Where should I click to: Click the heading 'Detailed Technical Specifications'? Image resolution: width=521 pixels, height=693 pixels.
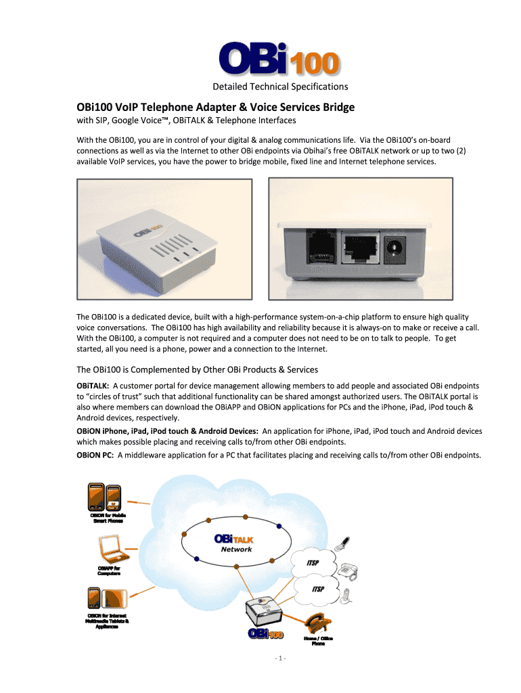280,87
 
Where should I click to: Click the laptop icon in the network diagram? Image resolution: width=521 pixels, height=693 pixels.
109,546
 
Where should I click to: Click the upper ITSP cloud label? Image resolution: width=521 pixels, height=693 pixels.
313,564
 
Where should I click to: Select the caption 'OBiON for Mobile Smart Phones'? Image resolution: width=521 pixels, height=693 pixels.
109,519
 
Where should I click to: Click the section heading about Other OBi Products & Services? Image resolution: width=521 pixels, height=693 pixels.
197,370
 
